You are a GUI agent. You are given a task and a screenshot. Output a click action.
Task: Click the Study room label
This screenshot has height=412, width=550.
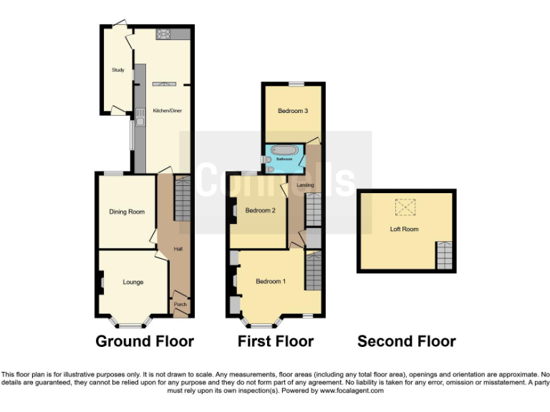coord(117,70)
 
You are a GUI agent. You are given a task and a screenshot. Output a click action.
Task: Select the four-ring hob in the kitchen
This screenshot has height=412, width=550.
coord(163,34)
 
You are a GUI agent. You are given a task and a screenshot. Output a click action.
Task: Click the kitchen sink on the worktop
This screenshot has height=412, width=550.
coord(140,117)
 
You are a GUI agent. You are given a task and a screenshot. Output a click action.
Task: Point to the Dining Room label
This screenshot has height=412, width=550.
coord(127,212)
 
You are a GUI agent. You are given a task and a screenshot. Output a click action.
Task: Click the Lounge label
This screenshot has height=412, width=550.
coord(132,282)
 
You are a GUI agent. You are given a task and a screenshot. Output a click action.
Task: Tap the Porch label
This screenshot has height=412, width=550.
coord(179,304)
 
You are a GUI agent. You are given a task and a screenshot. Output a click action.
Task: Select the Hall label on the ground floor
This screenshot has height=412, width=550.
coord(178,249)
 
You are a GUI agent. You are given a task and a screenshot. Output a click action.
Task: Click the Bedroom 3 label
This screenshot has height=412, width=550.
coord(293,111)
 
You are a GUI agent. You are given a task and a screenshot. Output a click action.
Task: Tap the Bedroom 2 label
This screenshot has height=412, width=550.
coord(260,210)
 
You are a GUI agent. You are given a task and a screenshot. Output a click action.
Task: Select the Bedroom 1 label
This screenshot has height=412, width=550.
coord(271,281)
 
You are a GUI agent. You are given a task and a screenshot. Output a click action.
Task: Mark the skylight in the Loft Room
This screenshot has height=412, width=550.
coord(405,207)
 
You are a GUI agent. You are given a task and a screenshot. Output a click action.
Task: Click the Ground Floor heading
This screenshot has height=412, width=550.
coord(145,341)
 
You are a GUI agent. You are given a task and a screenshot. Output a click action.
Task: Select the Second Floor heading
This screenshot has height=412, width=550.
coord(406,341)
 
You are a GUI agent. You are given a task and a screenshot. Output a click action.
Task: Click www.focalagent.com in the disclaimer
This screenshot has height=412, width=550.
coord(351,391)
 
